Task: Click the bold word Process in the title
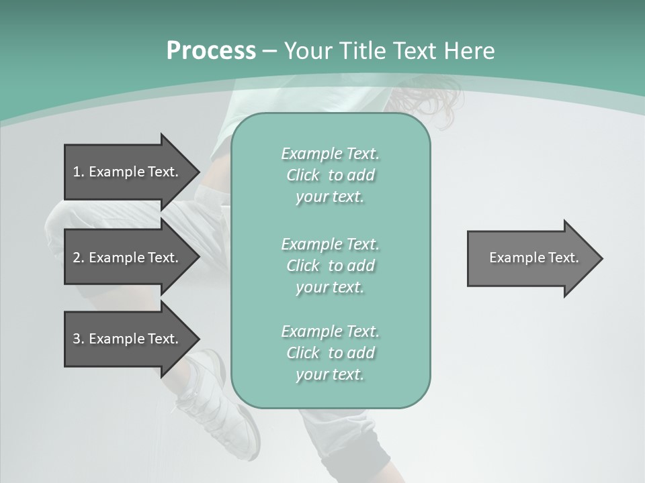pyautogui.click(x=211, y=51)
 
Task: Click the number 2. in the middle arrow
pyautogui.click(x=78, y=258)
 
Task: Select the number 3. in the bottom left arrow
pyautogui.click(x=78, y=339)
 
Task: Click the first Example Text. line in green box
pyautogui.click(x=330, y=154)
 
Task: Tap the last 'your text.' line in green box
pyautogui.click(x=330, y=374)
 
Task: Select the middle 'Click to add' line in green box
pyautogui.click(x=330, y=266)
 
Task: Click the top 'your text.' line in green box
pyautogui.click(x=330, y=197)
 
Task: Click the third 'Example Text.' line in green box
pyautogui.click(x=330, y=331)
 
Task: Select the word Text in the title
pyautogui.click(x=413, y=51)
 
